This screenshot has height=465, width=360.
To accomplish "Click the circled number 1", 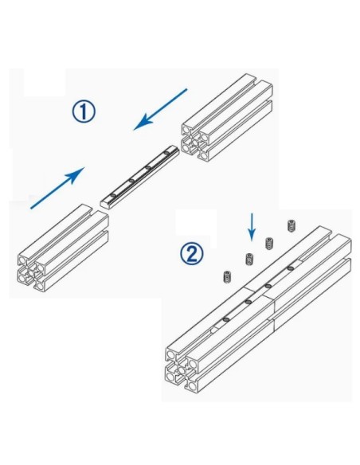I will click(83, 111).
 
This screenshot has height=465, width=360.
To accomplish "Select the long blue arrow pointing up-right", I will click(57, 189).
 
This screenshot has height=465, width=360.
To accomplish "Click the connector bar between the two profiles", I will click(140, 176).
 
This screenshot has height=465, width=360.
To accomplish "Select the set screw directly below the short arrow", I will click(249, 259).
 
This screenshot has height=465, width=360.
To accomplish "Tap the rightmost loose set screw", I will click(291, 225).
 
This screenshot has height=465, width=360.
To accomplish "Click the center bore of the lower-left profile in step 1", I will click(34, 271).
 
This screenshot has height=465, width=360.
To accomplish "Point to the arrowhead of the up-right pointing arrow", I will click(80, 172).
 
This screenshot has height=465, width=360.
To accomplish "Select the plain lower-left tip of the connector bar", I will click(107, 198).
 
